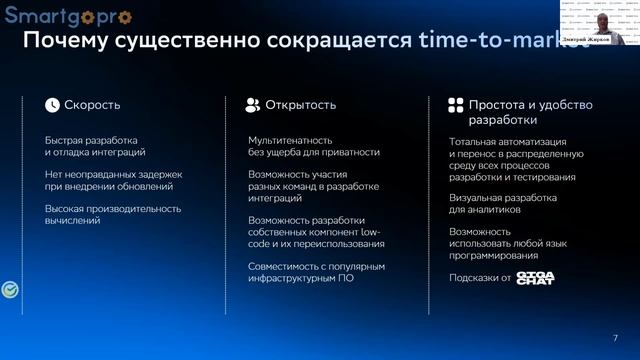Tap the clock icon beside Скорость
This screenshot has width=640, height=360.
click(52, 104)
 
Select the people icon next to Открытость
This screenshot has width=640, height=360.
click(254, 104)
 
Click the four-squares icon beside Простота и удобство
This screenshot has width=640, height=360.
click(455, 105)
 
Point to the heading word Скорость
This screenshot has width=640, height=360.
click(92, 104)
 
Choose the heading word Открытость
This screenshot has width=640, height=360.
click(300, 104)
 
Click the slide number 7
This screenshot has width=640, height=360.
click(615, 337)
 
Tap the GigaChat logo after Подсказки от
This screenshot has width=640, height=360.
click(534, 277)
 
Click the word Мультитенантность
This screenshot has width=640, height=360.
click(290, 140)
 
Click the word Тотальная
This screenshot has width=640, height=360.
click(475, 141)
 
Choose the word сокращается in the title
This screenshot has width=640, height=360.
click(344, 41)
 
